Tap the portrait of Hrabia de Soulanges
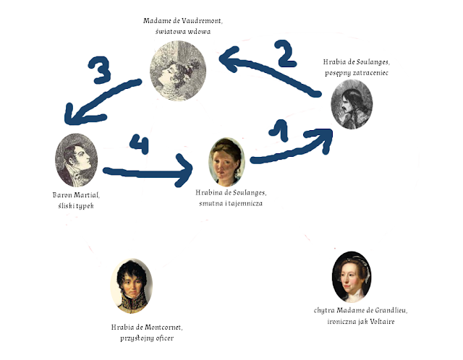pos(352,106)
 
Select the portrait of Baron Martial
pos(75,161)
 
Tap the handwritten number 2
pos(284,51)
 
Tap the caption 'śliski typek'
pos(77,205)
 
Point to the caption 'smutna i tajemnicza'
pos(231,203)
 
